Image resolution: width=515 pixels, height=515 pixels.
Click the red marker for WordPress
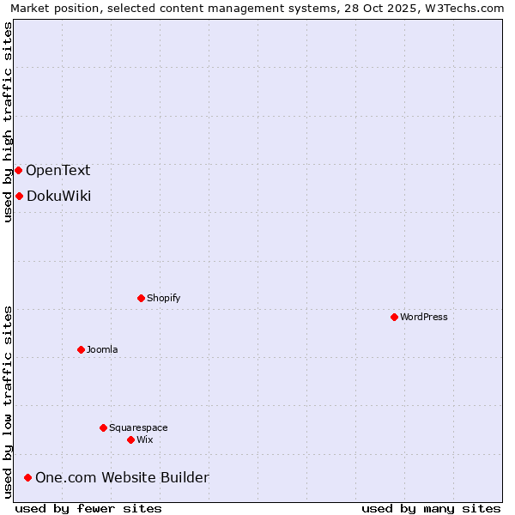point(394,317)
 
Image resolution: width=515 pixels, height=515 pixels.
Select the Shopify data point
point(141,298)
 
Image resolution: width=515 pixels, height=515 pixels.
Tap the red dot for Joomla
point(81,349)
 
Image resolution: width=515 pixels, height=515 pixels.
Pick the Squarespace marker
point(103,427)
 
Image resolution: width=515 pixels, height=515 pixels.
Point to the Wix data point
point(130,439)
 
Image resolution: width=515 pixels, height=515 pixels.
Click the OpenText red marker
point(18,170)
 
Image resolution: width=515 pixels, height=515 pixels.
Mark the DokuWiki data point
point(19,196)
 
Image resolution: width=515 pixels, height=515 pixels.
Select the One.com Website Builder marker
point(28,477)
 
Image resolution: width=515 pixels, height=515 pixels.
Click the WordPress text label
point(424,317)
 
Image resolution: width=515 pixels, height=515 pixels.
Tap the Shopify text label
point(164,298)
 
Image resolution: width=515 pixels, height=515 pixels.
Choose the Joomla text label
point(102,349)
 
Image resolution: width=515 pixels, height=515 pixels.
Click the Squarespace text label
point(138,427)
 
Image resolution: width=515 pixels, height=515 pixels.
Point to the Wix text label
point(145,439)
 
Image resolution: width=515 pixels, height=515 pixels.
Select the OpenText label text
point(58,170)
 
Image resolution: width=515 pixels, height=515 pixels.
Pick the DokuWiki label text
point(58,196)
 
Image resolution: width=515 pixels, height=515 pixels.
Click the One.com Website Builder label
point(122,477)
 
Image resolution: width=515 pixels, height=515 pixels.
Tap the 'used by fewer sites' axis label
point(88,508)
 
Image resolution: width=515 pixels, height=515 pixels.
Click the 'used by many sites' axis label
point(431,508)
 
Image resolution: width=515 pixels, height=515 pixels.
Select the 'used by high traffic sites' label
point(8,122)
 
